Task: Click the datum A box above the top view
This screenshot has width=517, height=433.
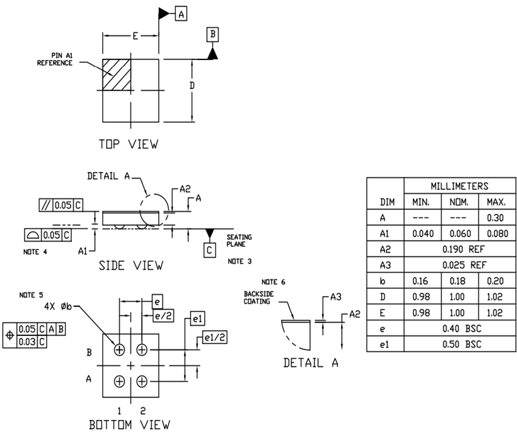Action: [x=182, y=14]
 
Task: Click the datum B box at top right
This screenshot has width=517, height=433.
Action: [x=213, y=34]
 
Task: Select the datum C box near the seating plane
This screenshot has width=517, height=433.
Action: [x=210, y=248]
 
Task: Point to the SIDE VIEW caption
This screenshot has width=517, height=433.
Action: [x=131, y=265]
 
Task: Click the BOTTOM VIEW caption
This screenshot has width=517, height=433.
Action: [x=130, y=424]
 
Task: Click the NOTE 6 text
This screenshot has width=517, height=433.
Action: [x=273, y=282]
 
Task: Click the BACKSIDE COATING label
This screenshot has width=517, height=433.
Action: [x=255, y=297]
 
